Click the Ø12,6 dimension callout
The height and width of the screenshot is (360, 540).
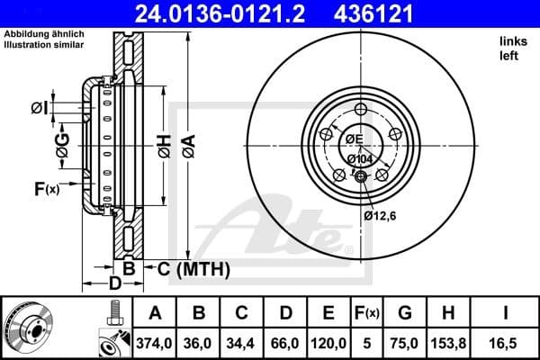pyautogui.click(x=380, y=215)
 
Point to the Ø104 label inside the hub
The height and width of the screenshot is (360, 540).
pyautogui.click(x=361, y=159)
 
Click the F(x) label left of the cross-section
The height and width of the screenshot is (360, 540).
pyautogui.click(x=46, y=189)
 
